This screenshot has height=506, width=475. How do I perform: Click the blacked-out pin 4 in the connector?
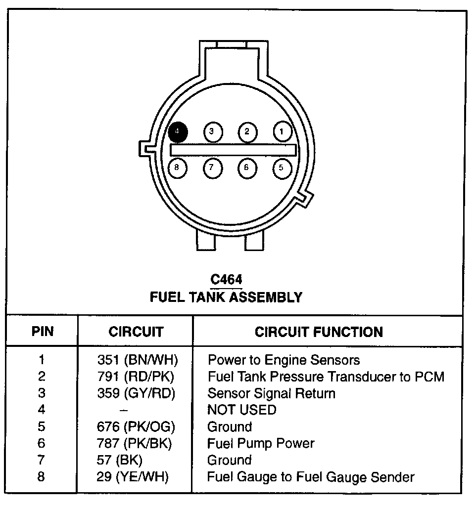coord(178,131)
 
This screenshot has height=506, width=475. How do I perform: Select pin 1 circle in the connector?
coord(282,131)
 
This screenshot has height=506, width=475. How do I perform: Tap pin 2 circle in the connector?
coord(247,131)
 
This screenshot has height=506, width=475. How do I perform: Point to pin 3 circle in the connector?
coord(212,131)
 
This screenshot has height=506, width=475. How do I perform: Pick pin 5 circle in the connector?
coord(282,168)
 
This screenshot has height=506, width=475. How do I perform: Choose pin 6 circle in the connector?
coord(246,168)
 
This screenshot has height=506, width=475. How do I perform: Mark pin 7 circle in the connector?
coord(212,168)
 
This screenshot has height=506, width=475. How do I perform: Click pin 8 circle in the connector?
coord(177,168)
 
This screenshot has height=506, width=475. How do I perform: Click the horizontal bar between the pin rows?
coord(233,149)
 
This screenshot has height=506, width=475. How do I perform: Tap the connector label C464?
coord(226,280)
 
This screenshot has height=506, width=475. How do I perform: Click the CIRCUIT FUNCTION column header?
coord(319,332)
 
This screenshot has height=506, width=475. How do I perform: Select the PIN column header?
coord(43,332)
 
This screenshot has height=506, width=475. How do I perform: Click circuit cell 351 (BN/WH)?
coord(137,360)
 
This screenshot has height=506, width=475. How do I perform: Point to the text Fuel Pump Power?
coord(261,443)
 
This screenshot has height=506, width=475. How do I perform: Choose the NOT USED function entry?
coord(241,410)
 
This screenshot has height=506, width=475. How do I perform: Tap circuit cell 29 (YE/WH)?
coord(133,477)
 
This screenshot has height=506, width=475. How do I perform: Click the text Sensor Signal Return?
coord(271,393)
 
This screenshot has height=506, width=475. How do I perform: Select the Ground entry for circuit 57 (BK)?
coord(229,460)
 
